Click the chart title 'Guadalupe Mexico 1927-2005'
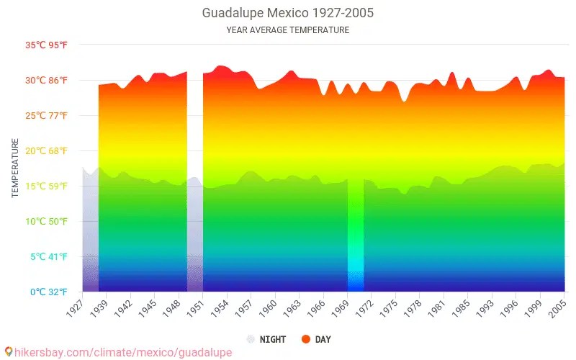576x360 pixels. click(288, 13)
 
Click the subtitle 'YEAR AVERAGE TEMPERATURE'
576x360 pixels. click(288, 30)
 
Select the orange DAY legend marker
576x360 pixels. click(306, 339)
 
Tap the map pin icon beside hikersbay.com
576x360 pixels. click(8, 352)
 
